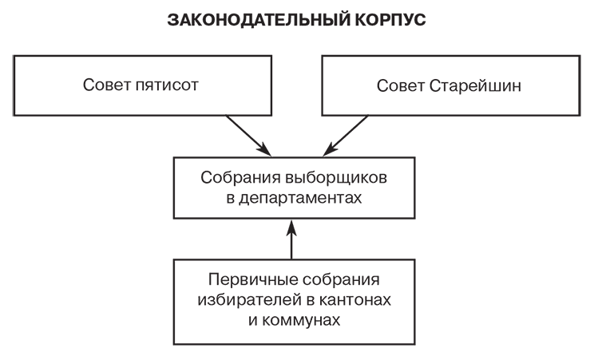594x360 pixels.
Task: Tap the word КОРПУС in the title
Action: (x=389, y=20)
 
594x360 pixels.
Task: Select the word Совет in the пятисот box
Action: (x=105, y=86)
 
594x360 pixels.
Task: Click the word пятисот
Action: (x=166, y=86)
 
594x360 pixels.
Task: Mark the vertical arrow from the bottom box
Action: (x=291, y=243)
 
